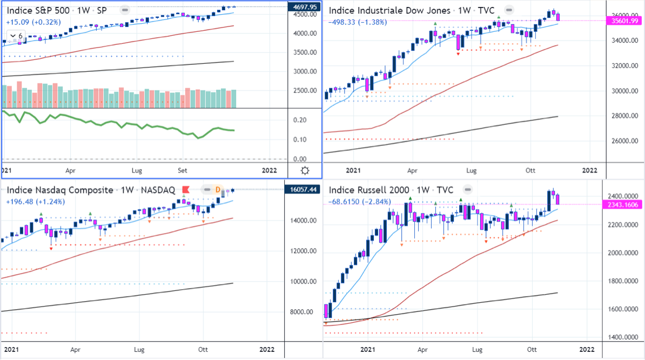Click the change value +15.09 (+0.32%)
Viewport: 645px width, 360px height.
(x=33, y=22)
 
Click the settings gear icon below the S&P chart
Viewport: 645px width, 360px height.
(x=305, y=171)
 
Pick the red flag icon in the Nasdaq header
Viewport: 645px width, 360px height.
(x=185, y=190)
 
